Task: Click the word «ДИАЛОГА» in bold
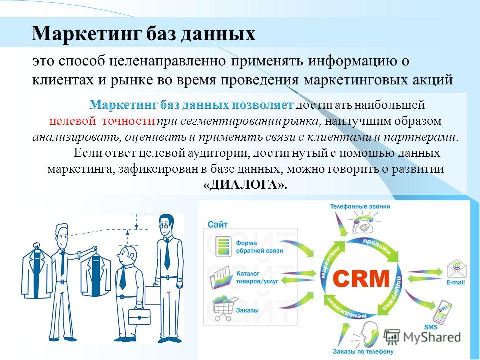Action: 245,185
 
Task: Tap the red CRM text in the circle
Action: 361,278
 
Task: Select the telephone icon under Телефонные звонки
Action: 363,225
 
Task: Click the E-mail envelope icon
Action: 456,269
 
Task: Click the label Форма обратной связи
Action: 259,247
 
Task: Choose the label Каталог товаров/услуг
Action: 257,277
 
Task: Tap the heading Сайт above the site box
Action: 217,224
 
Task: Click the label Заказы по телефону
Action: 363,351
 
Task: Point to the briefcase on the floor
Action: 139,317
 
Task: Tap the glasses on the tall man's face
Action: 164,226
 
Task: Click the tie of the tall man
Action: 167,253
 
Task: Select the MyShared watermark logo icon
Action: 392,336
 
